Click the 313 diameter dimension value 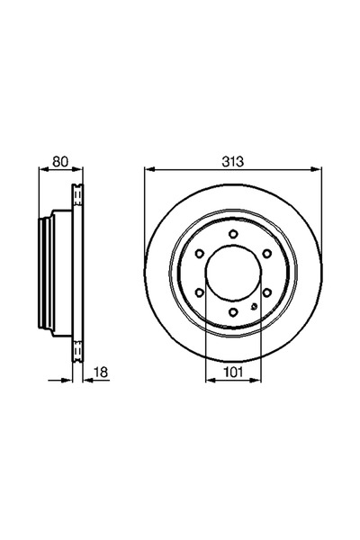[x=233, y=161]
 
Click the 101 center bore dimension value [x=233, y=368]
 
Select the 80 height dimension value [x=61, y=161]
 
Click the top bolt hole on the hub [x=233, y=235]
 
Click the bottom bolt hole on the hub [x=233, y=311]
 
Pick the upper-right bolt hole [x=266, y=254]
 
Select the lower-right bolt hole [x=266, y=292]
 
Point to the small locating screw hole [x=254, y=308]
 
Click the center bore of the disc [x=233, y=274]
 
